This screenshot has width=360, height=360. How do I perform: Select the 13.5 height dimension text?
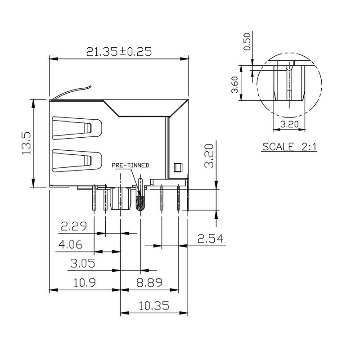[27, 143]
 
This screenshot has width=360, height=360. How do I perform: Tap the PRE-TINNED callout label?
[130, 166]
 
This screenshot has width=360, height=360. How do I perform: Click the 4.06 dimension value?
[70, 244]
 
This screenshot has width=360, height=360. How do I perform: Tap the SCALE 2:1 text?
[290, 147]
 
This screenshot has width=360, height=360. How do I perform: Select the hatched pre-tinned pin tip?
[140, 202]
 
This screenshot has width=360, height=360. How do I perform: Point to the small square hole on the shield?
[177, 167]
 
